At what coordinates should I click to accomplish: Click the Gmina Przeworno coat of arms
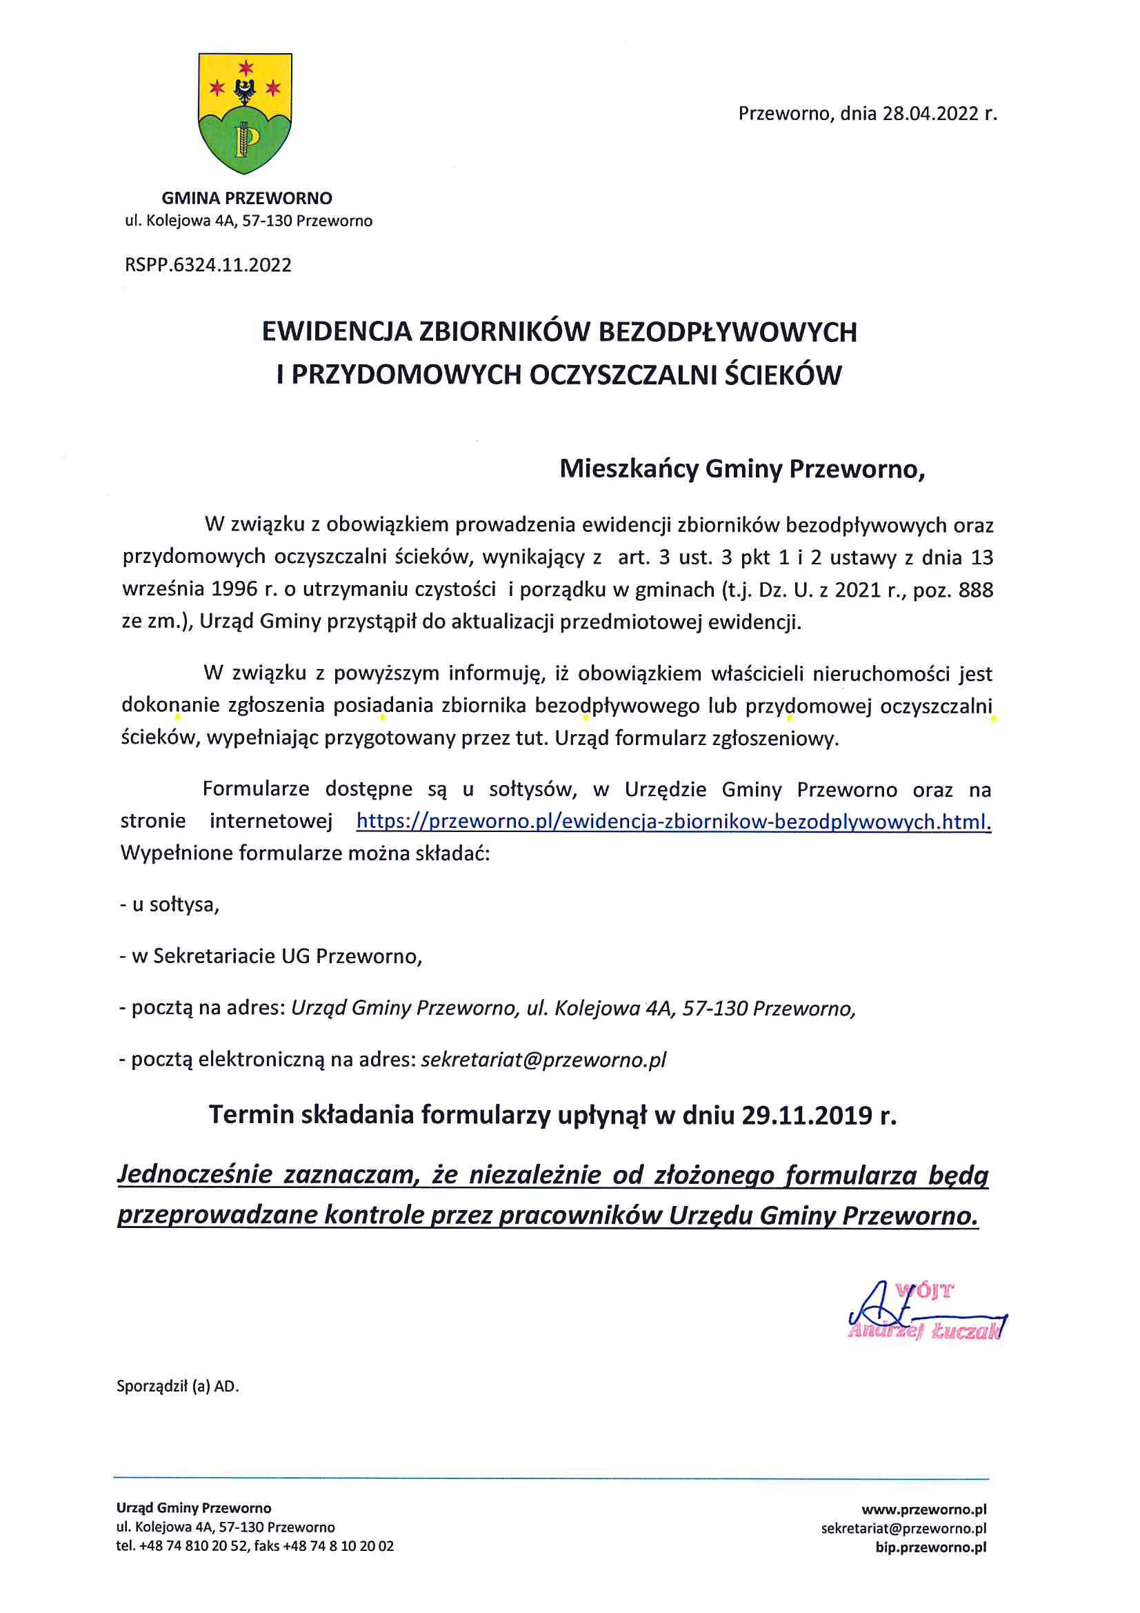245,112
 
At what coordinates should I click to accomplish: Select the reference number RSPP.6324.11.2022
208,265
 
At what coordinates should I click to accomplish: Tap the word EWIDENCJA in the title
337,332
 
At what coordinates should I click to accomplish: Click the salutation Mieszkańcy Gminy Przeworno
742,468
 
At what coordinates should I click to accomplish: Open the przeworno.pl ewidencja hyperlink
673,821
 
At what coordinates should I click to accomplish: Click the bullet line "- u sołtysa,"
169,904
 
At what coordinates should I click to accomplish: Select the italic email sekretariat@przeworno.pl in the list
543,1060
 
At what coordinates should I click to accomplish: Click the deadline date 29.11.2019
806,1115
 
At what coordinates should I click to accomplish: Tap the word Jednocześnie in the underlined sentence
194,1174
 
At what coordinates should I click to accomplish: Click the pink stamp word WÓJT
923,1291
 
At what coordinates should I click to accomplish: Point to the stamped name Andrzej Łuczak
924,1331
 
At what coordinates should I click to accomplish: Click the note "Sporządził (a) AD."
178,1386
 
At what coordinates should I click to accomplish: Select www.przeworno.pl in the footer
923,1509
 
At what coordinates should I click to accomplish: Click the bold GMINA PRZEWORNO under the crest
246,198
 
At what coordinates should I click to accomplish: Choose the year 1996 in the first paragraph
234,588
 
